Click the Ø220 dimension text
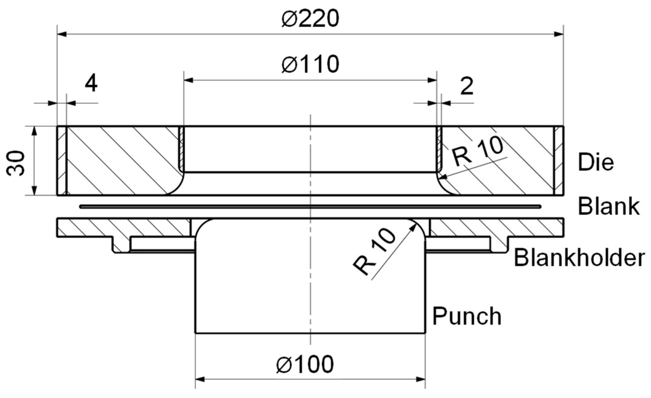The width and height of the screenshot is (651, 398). tap(310, 19)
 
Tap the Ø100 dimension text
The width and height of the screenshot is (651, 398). tap(305, 364)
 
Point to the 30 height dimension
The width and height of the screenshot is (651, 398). tap(16, 163)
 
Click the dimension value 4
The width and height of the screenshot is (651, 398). tap(91, 84)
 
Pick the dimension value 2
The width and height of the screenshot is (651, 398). tap(467, 86)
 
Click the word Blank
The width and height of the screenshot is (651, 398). tap(608, 207)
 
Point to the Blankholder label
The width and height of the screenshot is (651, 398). tap(579, 258)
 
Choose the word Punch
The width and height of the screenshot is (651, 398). tap(467, 316)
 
